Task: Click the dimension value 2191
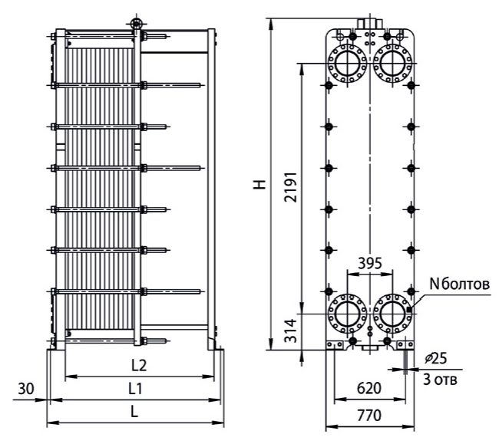pyautogui.click(x=291, y=187)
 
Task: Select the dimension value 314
pyautogui.click(x=291, y=331)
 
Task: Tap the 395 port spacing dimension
pyautogui.click(x=370, y=263)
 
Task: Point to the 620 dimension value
pyautogui.click(x=369, y=388)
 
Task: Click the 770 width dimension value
pyautogui.click(x=369, y=415)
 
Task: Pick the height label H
pyautogui.click(x=259, y=184)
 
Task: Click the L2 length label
pyautogui.click(x=139, y=366)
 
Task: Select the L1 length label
pyautogui.click(x=135, y=388)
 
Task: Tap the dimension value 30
pyautogui.click(x=26, y=388)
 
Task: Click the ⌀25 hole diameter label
pyautogui.click(x=436, y=358)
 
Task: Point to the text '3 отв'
pyautogui.click(x=440, y=380)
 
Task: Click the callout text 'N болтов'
pyautogui.click(x=460, y=284)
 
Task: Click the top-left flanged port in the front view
pyautogui.click(x=347, y=63)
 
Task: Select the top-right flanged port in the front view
pyautogui.click(x=392, y=63)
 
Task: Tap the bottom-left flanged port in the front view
pyautogui.click(x=347, y=314)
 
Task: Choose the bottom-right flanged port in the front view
pyautogui.click(x=392, y=314)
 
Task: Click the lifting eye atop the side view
pyautogui.click(x=136, y=24)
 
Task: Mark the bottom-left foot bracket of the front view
pyautogui.click(x=335, y=345)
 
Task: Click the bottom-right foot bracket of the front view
pyautogui.click(x=405, y=345)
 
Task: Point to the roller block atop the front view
pyautogui.click(x=369, y=24)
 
